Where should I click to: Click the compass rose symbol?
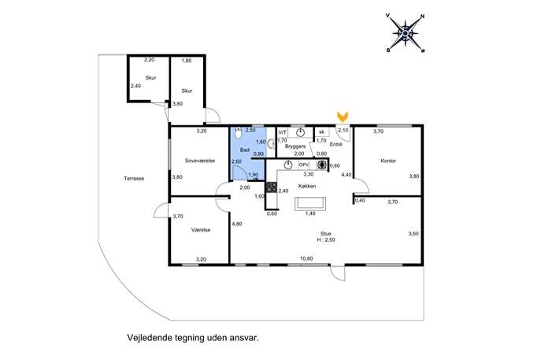(x=406, y=34)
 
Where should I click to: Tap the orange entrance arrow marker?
(x=343, y=117)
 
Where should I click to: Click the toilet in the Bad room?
(x=239, y=133)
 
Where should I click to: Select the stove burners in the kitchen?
(x=272, y=187)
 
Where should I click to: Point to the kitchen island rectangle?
(x=310, y=203)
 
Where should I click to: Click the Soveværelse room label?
(x=200, y=161)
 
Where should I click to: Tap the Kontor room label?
(x=388, y=161)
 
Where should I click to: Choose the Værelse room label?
(x=201, y=230)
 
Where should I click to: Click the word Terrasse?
(x=134, y=179)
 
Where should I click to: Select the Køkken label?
(x=307, y=186)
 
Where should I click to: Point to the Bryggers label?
(x=295, y=147)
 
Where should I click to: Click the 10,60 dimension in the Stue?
(x=306, y=259)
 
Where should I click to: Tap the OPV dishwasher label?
(x=304, y=165)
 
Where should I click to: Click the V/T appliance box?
(x=283, y=132)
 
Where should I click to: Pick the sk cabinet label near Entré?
(x=321, y=132)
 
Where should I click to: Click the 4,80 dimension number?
(x=237, y=224)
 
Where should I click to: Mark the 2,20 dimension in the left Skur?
(x=149, y=60)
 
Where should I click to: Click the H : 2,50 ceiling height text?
(x=326, y=240)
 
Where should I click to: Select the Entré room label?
(x=335, y=144)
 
